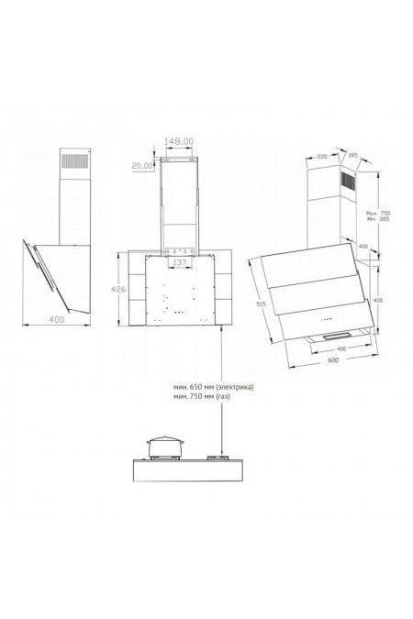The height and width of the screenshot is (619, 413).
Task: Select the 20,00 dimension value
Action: click(142, 166)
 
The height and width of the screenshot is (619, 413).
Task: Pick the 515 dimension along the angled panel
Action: click(262, 304)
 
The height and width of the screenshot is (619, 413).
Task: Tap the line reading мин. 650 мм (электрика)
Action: click(212, 388)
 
